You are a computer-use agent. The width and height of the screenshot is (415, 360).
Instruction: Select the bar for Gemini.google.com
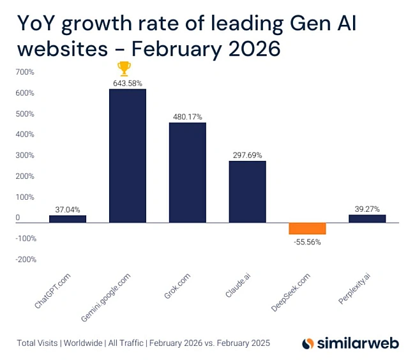[x=128, y=156]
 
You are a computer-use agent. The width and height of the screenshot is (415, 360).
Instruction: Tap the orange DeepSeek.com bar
[x=307, y=229]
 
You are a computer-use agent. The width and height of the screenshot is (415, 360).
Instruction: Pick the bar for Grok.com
[x=187, y=172]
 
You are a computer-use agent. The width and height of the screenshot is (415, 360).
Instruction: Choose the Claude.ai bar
[x=247, y=191]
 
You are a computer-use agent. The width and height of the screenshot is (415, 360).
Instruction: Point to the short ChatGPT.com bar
[x=68, y=219]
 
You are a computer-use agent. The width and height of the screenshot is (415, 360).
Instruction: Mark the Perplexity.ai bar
[x=367, y=218]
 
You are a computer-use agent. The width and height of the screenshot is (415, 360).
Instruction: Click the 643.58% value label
[x=128, y=83]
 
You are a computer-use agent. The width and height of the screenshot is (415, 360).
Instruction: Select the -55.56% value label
[x=307, y=242]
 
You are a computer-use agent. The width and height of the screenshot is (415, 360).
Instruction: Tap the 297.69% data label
[x=247, y=154]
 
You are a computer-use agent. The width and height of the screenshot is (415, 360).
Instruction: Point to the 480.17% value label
[x=187, y=117]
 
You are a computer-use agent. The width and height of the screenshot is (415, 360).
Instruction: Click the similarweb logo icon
[x=308, y=343]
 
